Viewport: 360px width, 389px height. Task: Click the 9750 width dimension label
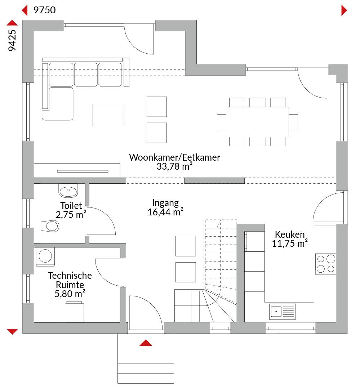coord(44,10)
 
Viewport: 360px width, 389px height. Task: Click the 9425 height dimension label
coord(12,40)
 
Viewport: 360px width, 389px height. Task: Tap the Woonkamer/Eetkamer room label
coord(174,157)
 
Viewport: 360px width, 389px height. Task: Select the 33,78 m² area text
coord(174,166)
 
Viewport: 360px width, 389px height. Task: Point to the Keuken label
coord(290,234)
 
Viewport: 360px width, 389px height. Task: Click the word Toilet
coord(71,205)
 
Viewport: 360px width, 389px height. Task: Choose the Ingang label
coord(165,203)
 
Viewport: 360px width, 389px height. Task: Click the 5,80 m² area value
coord(70,294)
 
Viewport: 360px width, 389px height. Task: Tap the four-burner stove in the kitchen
coord(325,264)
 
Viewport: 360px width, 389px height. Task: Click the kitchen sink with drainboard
coord(282,312)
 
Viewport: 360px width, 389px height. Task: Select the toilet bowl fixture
coord(50,226)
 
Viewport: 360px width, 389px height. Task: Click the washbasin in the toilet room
coord(68,191)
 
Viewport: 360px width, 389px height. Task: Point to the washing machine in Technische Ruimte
coord(45,256)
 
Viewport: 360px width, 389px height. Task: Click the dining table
coord(257,122)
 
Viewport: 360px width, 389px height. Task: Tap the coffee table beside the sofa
coord(108,115)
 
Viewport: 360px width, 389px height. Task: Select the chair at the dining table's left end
coord(222,122)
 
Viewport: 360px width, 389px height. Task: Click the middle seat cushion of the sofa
coord(86,75)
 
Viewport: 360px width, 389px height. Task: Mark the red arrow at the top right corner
coord(344,10)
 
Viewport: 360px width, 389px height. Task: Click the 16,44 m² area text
coord(165,212)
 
